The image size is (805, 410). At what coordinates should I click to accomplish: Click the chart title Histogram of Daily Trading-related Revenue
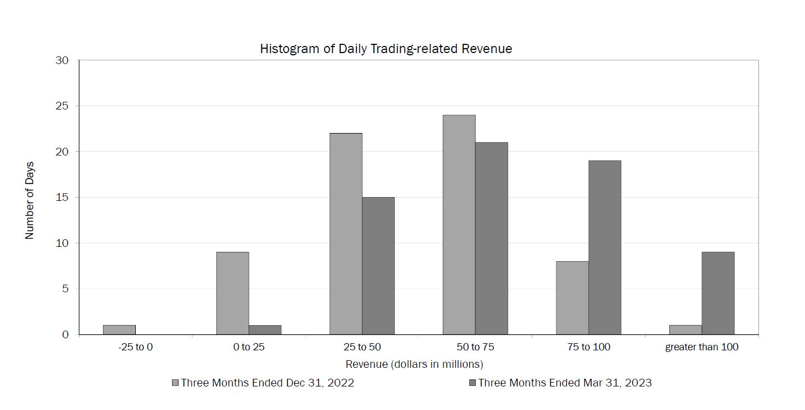point(386,49)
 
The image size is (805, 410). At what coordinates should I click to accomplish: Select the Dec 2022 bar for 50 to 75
point(459,224)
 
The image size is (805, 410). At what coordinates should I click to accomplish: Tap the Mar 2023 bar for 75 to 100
point(605,247)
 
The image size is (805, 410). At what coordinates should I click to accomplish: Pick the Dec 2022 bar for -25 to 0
point(119,330)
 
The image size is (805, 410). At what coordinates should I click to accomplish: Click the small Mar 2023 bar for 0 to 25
point(265,330)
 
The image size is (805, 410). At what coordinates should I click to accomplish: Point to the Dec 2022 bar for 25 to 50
point(346,234)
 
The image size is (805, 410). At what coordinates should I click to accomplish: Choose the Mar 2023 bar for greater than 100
point(717,293)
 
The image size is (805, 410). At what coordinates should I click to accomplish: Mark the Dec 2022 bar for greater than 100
point(685,330)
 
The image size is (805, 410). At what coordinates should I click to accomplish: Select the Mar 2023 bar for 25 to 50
point(378,265)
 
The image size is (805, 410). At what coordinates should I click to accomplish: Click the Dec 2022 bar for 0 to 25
point(232,293)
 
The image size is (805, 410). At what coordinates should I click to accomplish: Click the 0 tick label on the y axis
point(65,334)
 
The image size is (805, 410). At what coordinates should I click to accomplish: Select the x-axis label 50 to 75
point(475,347)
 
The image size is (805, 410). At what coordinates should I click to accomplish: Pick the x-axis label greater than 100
point(702,347)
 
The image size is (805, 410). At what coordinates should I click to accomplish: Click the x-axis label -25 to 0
point(135,347)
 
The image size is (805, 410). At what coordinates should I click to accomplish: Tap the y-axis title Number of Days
point(30,200)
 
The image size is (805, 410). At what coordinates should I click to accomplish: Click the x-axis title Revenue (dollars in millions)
point(414,364)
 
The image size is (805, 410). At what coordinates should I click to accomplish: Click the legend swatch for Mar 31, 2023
point(473,383)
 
